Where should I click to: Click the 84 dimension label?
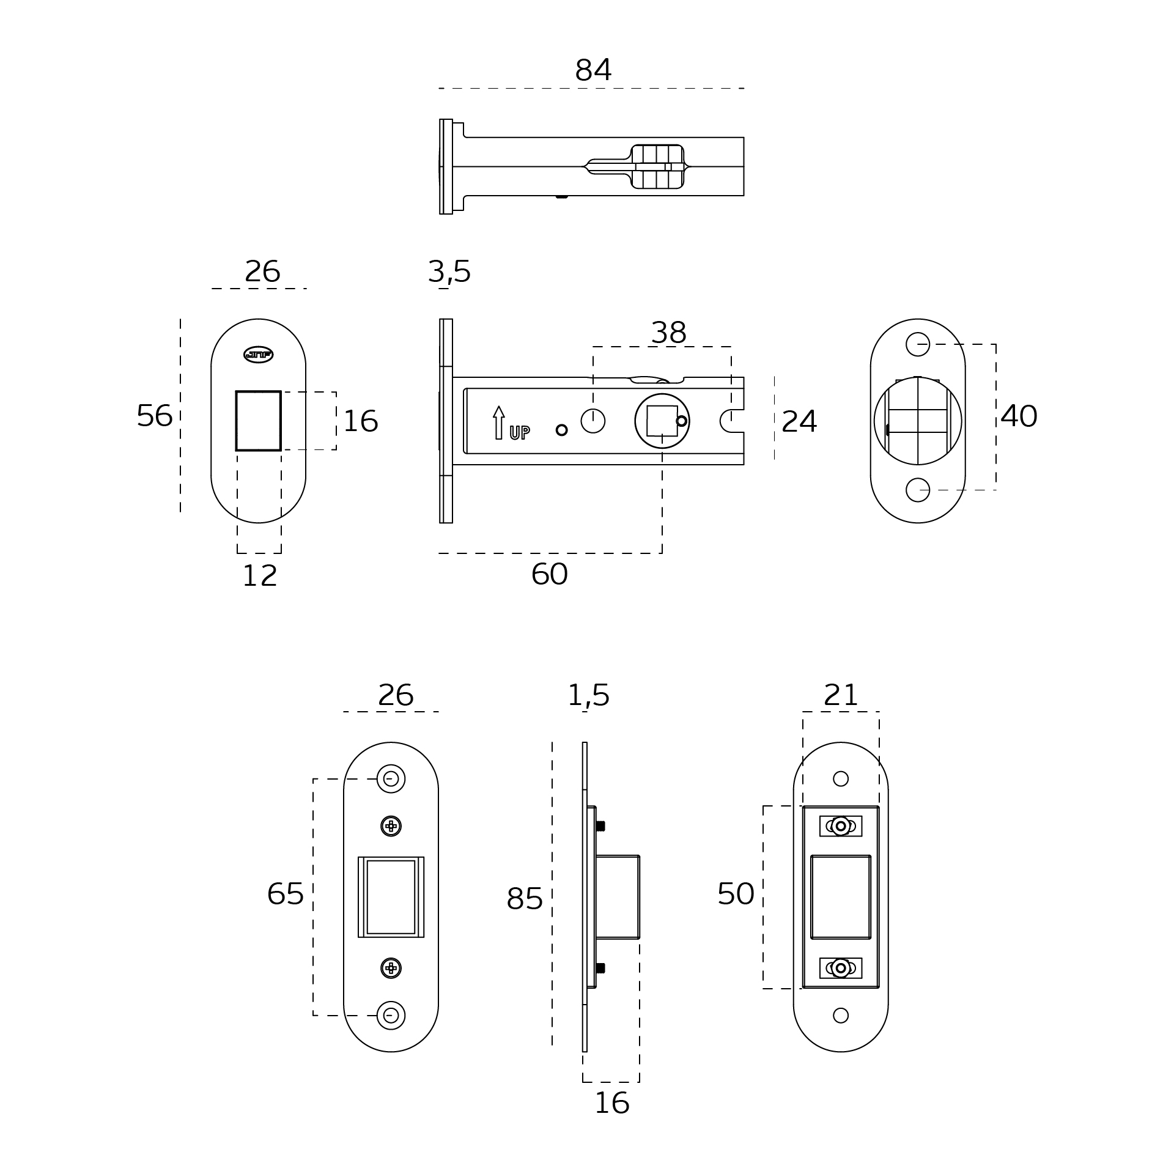pos(593,70)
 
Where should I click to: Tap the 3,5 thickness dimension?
pos(449,271)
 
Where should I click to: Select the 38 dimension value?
pos(668,333)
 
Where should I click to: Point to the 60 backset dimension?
pos(549,574)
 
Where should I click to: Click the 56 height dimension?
pos(154,416)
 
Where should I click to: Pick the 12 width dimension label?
pos(260,575)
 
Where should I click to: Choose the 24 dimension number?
pos(799,421)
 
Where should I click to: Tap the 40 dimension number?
pos(1019,416)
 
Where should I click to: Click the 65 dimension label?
pos(285,894)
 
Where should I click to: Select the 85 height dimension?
pos(524,899)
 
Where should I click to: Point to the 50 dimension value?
pos(736,894)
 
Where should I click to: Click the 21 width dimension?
pos(841,695)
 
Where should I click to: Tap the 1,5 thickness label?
pos(588,695)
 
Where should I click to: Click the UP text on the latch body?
pos(520,432)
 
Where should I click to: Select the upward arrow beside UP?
pos(499,422)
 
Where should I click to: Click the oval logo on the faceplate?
pos(258,355)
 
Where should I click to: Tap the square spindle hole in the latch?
pos(662,421)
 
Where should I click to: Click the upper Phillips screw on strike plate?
pos(391,826)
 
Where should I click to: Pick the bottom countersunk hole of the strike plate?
pos(391,1016)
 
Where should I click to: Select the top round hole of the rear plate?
pos(917,344)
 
